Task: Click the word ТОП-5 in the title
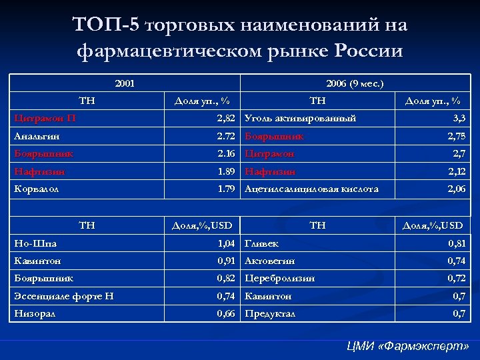[x=106, y=25]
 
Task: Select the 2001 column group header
[x=125, y=83]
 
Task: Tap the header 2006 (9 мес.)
[x=355, y=83]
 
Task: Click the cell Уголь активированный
[x=300, y=119]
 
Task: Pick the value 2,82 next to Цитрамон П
[x=225, y=119]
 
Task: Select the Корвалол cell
[x=37, y=189]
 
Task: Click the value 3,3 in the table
[x=459, y=119]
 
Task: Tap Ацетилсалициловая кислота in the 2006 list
[x=311, y=189]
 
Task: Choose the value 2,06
[x=456, y=189]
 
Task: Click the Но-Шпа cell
[x=34, y=244]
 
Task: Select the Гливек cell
[x=262, y=244]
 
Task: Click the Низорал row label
[x=35, y=313]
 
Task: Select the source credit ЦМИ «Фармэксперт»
[x=408, y=347]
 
